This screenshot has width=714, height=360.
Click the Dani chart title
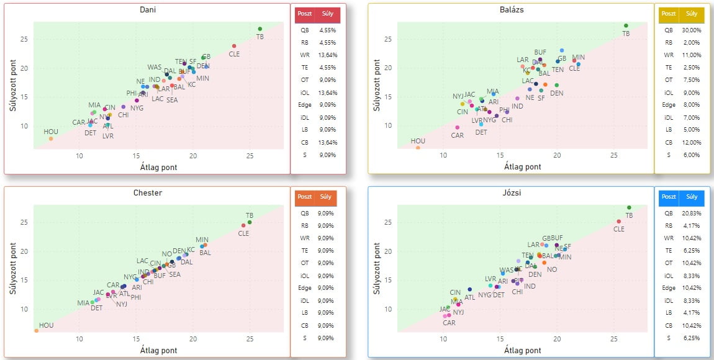point(148,10)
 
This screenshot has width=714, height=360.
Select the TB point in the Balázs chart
point(626,25)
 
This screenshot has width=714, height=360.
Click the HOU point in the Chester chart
point(37,331)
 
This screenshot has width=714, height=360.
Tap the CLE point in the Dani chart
point(234,46)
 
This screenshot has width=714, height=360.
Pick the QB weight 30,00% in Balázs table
point(691,30)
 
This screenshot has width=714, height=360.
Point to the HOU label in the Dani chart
point(51,132)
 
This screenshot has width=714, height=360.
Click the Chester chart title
point(148,193)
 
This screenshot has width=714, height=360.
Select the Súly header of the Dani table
point(327,13)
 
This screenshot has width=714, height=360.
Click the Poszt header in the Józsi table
point(669,196)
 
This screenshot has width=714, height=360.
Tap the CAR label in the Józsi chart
point(449,323)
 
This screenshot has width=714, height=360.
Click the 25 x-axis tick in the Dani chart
point(249,156)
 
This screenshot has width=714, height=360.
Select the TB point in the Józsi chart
point(629,207)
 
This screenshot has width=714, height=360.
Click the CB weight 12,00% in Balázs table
point(691,142)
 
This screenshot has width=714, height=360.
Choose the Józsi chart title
point(510,193)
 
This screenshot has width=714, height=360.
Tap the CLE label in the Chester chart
point(243,233)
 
